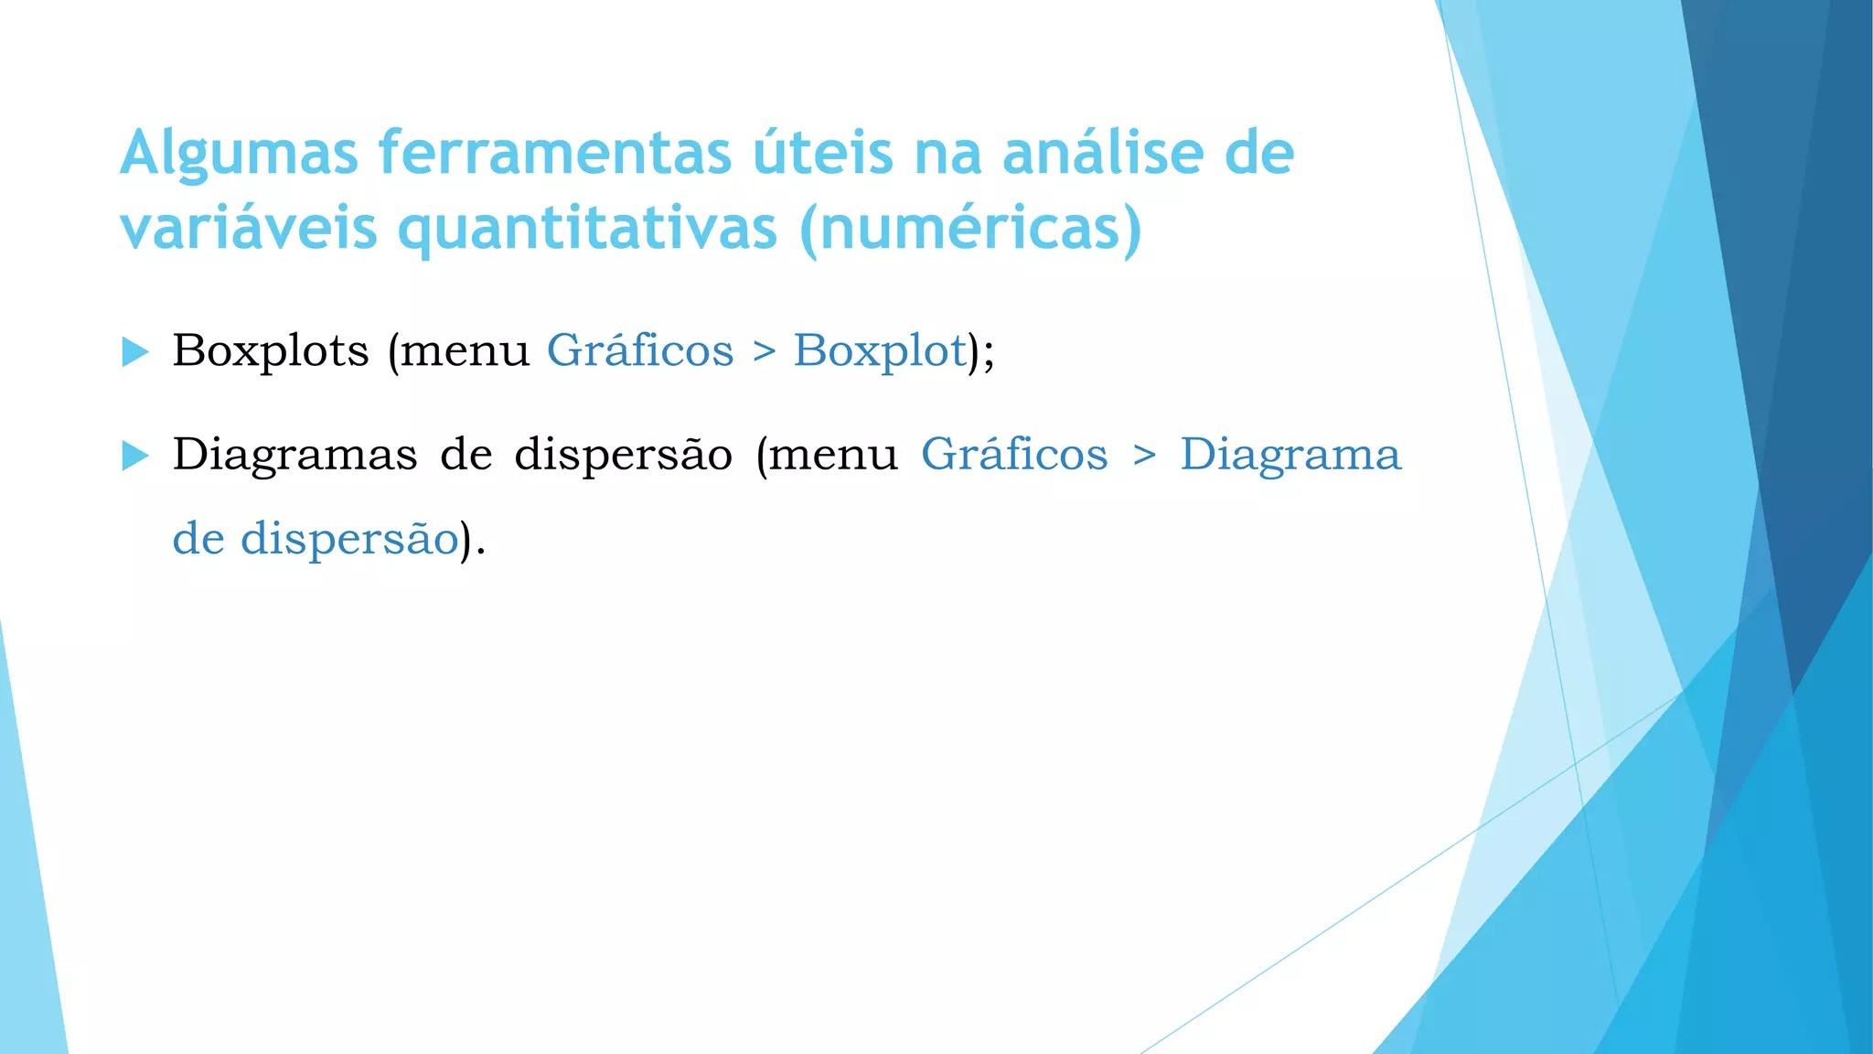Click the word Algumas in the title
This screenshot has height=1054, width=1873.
[239, 154]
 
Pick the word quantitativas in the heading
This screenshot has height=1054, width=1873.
[588, 229]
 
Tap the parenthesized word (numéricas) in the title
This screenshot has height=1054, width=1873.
[970, 229]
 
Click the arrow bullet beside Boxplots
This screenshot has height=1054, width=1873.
[135, 351]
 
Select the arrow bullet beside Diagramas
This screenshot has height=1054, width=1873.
[135, 455]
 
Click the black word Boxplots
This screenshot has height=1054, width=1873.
[271, 350]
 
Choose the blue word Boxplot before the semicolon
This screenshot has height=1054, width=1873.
[880, 350]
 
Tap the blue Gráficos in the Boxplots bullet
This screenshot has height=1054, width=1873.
[640, 350]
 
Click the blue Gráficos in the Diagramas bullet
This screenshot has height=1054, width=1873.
[1014, 455]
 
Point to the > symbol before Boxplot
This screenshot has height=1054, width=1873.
[764, 352]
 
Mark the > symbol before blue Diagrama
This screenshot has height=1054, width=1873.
[1144, 456]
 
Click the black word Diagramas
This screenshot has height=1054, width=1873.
[294, 455]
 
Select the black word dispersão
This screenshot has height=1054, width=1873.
[623, 455]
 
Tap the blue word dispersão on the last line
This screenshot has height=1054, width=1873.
[349, 539]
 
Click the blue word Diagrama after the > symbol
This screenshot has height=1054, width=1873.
[1290, 455]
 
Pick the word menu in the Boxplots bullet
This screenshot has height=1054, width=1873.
[465, 352]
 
